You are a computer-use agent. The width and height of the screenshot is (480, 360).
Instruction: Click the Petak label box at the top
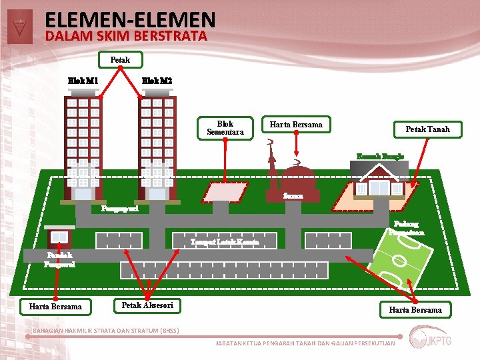tap(121, 60)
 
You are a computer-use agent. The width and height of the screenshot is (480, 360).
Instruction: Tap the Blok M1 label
tap(83, 81)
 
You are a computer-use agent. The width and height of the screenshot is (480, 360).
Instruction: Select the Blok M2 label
tap(157, 81)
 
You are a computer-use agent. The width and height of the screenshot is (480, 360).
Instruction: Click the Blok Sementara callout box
tap(225, 128)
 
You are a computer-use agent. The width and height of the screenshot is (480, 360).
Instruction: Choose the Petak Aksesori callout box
tap(147, 305)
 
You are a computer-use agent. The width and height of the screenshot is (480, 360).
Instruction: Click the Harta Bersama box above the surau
tap(295, 125)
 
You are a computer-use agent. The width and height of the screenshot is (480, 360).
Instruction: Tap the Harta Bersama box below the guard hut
tap(55, 307)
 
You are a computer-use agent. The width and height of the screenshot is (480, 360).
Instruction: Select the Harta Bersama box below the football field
tap(415, 309)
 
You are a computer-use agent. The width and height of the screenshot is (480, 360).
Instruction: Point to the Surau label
tap(293, 196)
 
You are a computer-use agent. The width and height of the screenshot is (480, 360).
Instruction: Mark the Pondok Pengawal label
tap(59, 259)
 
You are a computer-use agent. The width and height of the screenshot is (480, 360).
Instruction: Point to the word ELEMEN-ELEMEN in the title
tap(130, 20)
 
